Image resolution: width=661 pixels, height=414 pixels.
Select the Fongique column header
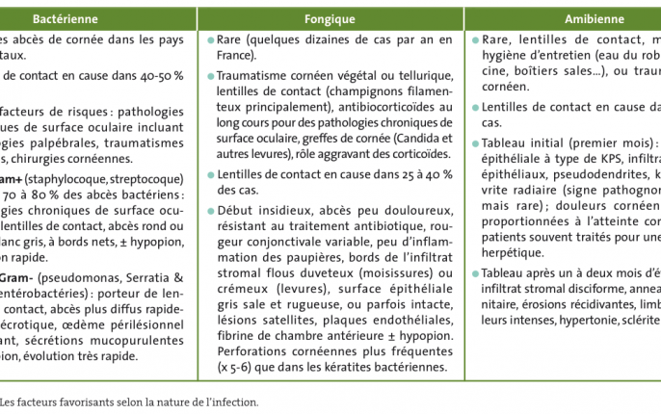click(330, 18)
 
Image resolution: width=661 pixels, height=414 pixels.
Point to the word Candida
click(392, 138)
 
